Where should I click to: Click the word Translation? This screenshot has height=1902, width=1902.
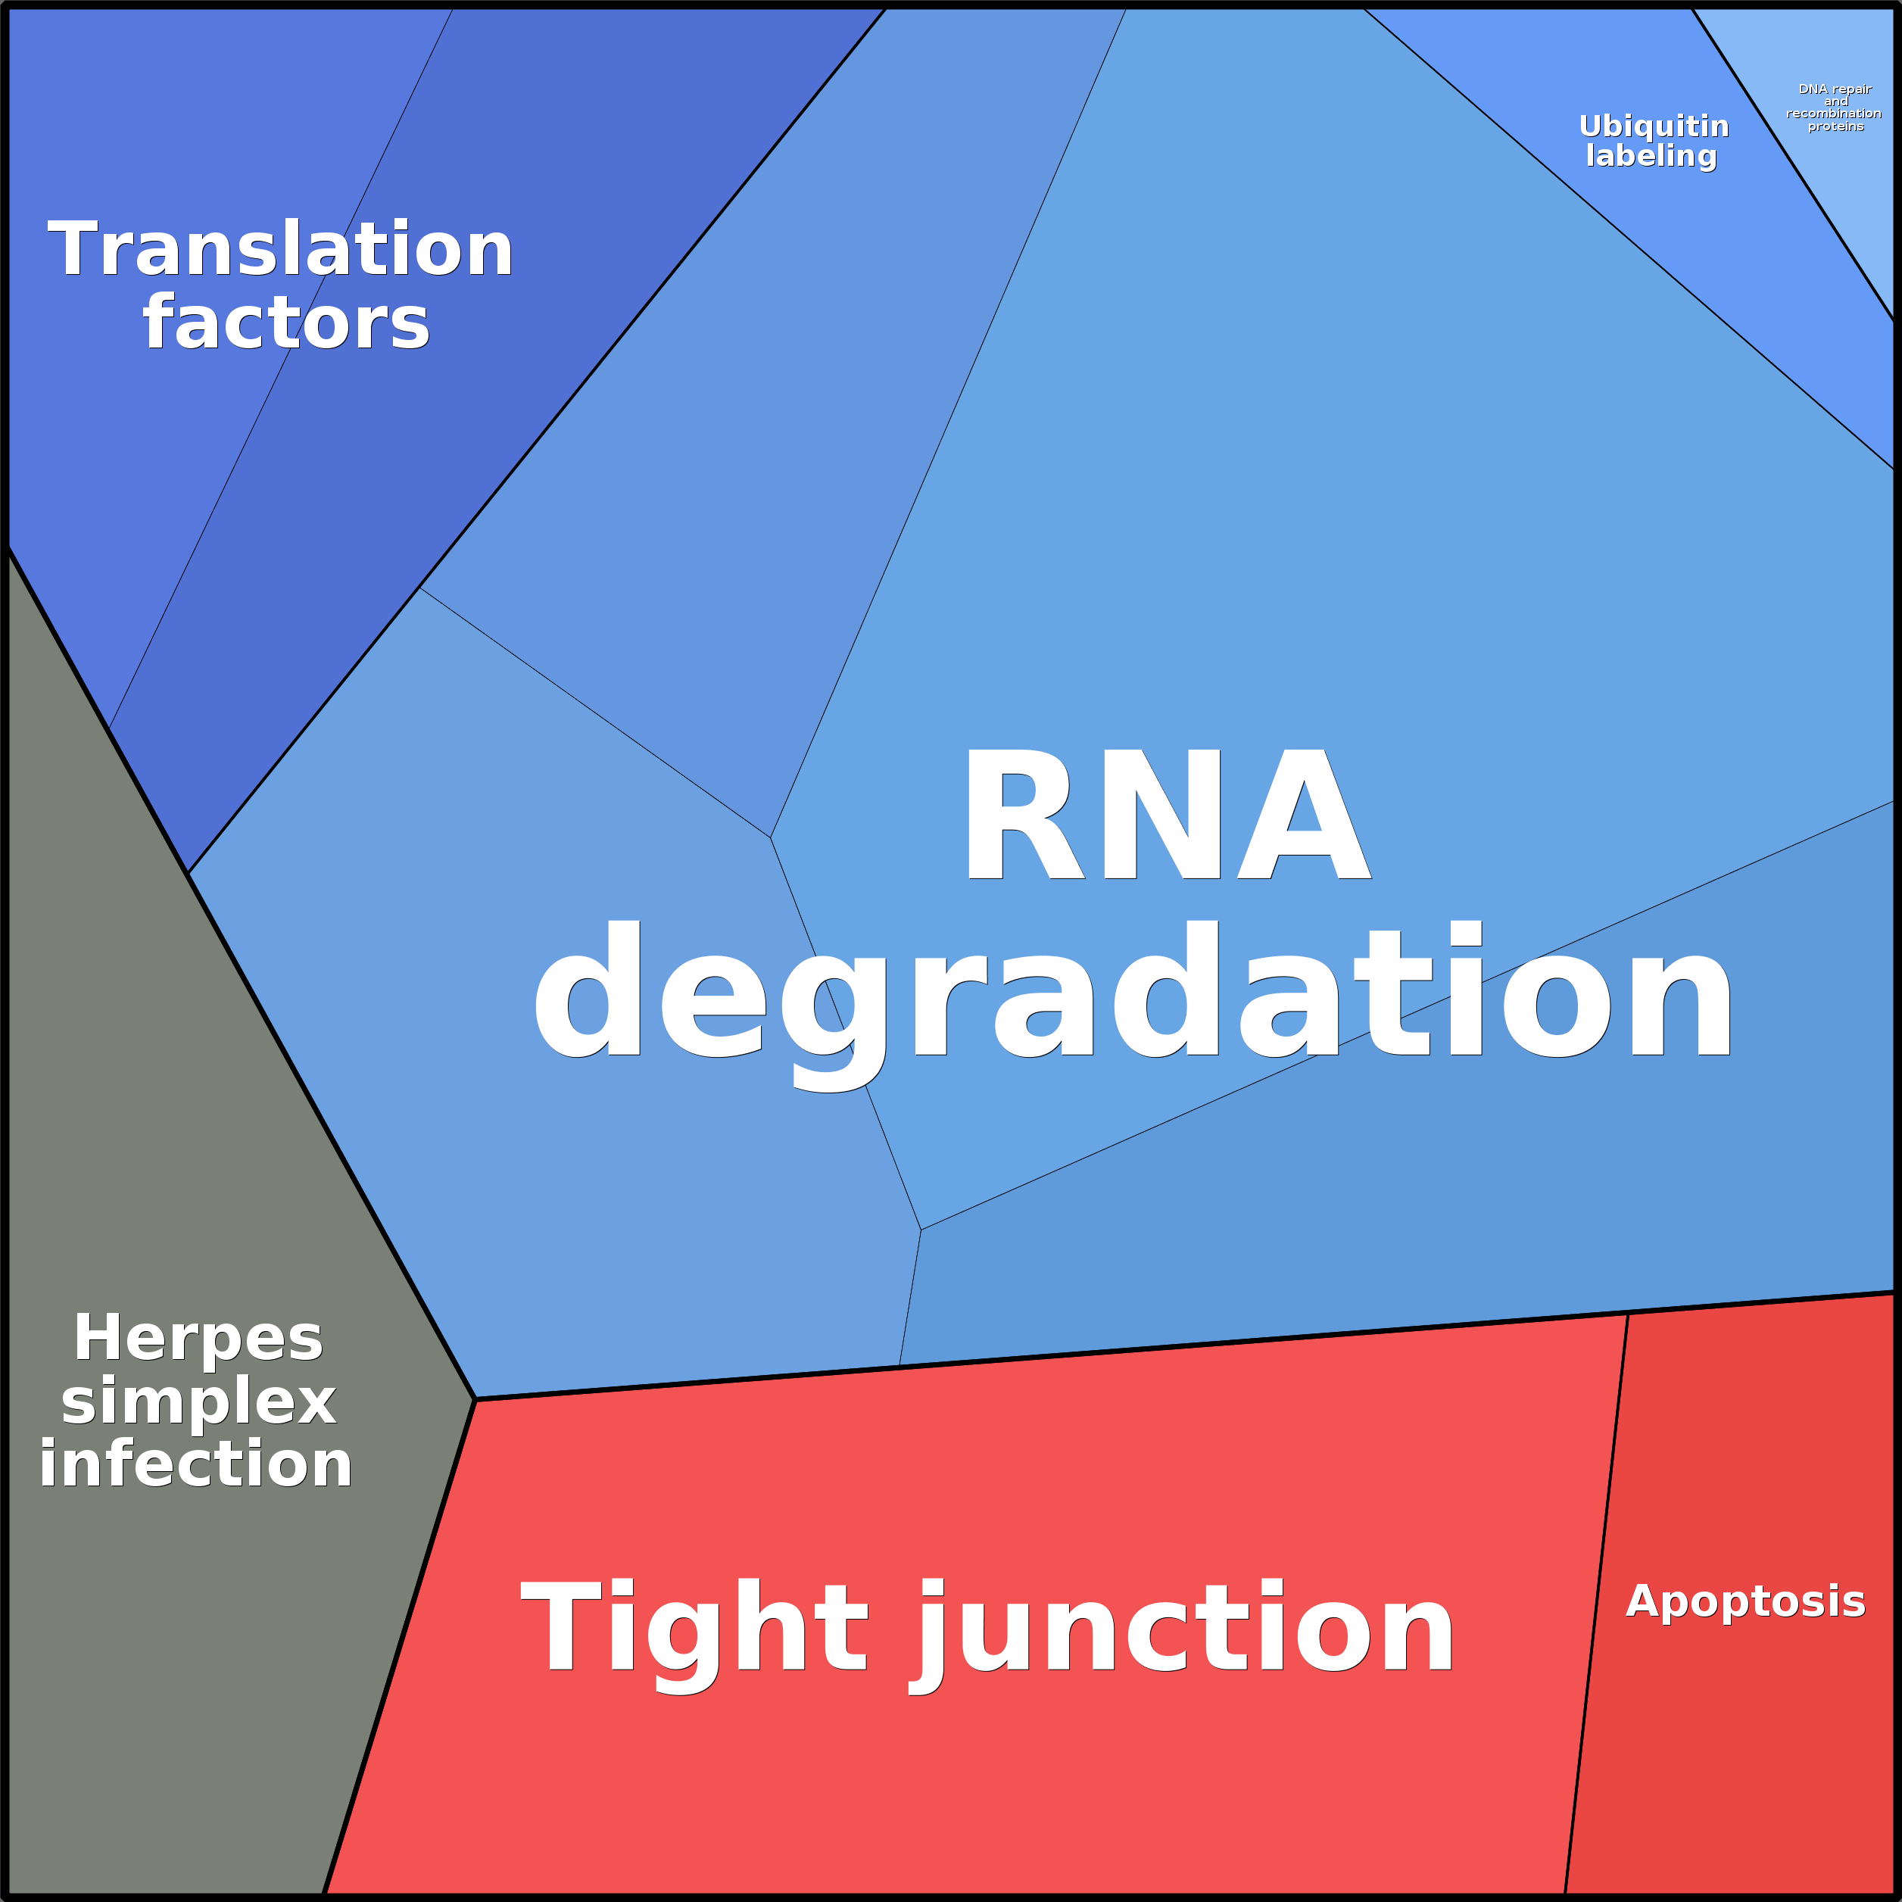coord(281,249)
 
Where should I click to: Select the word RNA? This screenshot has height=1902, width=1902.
coord(1167,815)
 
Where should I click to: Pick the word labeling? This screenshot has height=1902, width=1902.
coord(1651,155)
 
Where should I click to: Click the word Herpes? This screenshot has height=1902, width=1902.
coord(198,1338)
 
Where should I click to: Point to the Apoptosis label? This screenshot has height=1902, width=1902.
coord(1745,1601)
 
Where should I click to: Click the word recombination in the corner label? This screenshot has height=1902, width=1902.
coord(1834,114)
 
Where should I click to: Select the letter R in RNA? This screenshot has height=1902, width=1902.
coord(1024,815)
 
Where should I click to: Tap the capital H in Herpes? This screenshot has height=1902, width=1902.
coord(96,1338)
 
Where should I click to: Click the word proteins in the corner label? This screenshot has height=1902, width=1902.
coord(1836,126)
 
